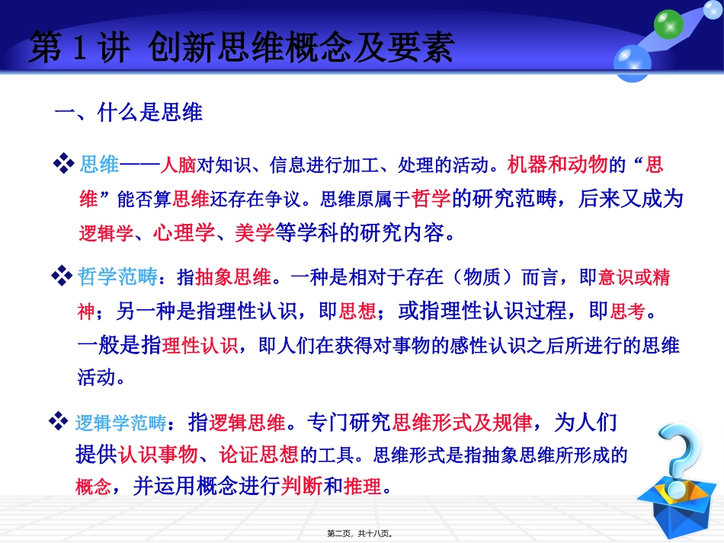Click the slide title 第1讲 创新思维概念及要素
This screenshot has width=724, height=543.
click(x=242, y=48)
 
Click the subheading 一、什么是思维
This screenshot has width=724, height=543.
click(x=129, y=113)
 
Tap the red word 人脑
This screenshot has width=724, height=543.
click(x=178, y=164)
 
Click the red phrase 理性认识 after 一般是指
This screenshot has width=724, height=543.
click(x=199, y=345)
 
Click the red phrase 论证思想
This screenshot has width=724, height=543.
click(x=258, y=455)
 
